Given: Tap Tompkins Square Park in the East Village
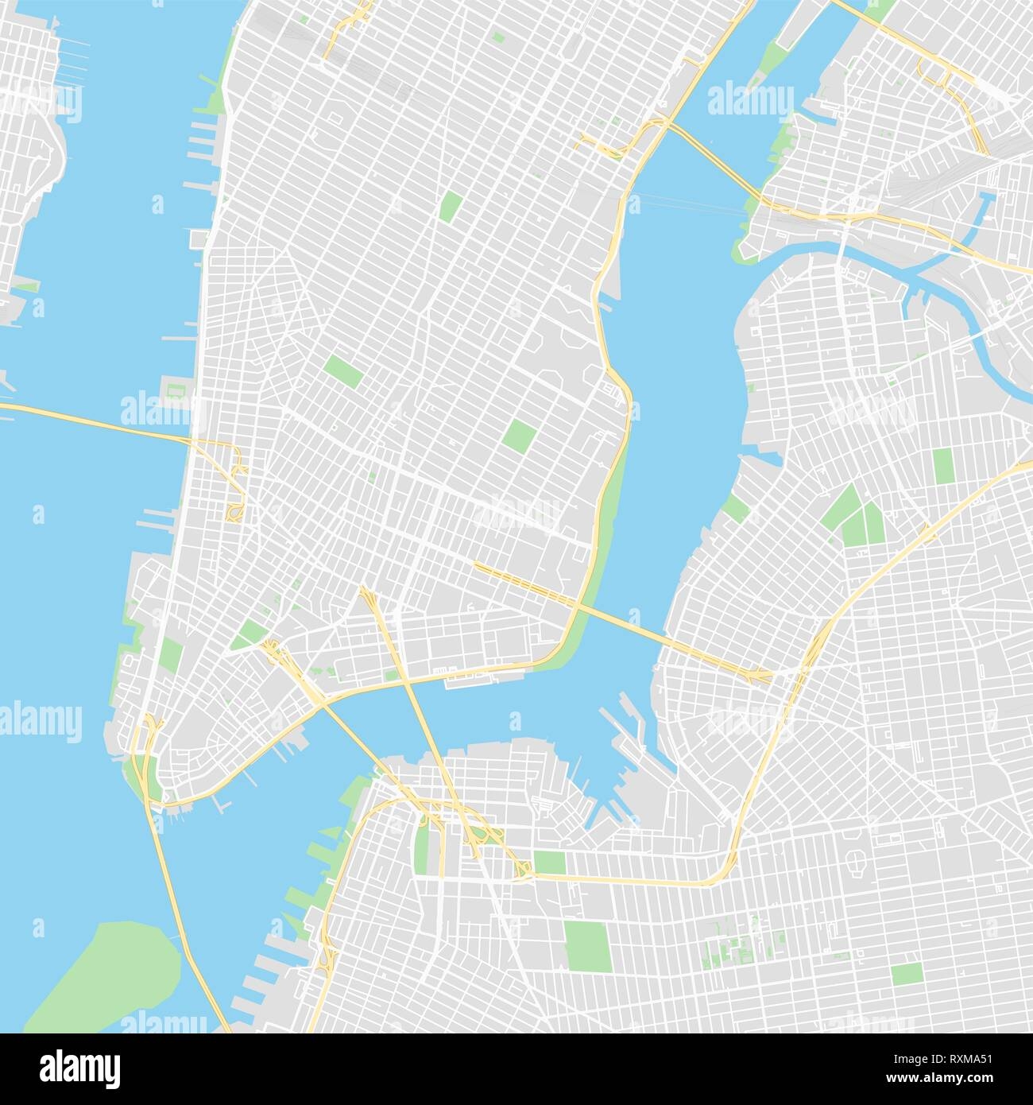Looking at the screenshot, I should point(520,434).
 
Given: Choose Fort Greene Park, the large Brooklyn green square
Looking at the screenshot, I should point(588,942).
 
